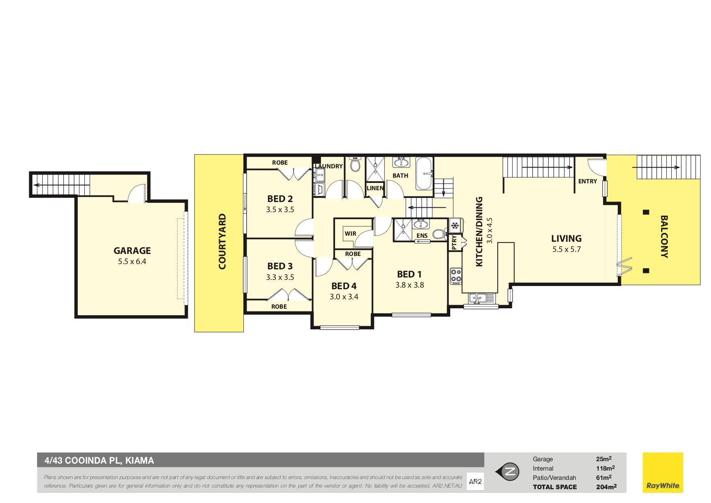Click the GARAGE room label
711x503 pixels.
(132, 251)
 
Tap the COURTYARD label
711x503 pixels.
(222, 241)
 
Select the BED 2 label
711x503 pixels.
(280, 199)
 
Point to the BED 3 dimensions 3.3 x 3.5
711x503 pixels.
(280, 277)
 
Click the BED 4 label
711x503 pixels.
(344, 286)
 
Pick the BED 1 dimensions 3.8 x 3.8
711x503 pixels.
(410, 285)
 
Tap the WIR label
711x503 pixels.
(350, 234)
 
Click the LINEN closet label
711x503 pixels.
(375, 188)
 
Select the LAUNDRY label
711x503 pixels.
(329, 166)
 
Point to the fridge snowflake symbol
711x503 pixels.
(455, 225)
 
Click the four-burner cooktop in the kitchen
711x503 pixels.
(456, 275)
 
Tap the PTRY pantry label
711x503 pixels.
(454, 242)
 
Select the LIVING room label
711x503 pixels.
(566, 239)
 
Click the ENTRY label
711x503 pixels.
(588, 181)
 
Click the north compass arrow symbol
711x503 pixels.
(507, 471)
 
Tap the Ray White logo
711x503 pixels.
(663, 473)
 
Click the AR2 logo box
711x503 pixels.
(475, 482)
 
